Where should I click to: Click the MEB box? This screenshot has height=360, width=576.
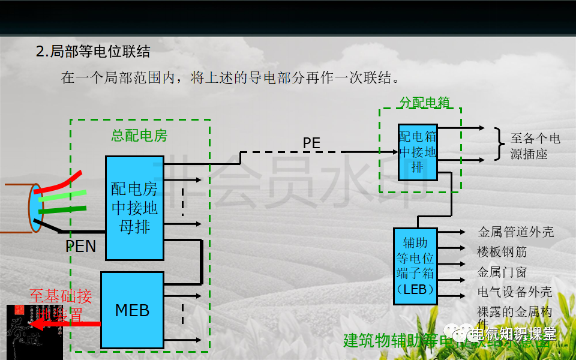click(132, 310)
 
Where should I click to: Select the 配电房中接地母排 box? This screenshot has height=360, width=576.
click(134, 208)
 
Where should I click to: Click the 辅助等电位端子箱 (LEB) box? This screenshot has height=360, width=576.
click(415, 266)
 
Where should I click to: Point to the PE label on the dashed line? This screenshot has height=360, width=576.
click(311, 143)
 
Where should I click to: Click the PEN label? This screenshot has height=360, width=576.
click(80, 247)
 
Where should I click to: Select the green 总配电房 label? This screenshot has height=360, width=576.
click(139, 136)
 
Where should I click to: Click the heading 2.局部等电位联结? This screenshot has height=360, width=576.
click(93, 52)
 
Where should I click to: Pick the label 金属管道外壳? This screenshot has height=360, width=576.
click(515, 232)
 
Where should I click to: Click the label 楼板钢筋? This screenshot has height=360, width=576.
click(502, 252)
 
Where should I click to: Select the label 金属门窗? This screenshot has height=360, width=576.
click(502, 272)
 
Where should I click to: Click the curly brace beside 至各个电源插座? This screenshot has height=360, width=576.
click(499, 144)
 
